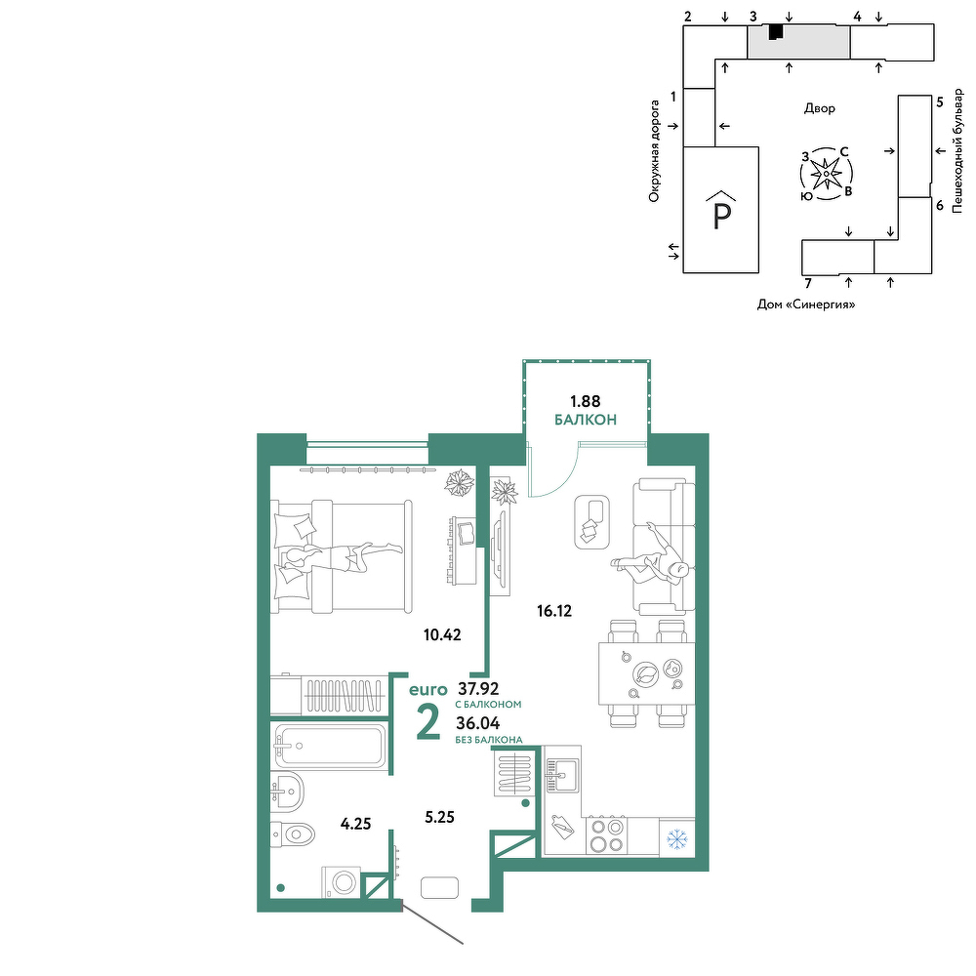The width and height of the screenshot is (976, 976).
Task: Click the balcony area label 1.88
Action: coord(585,401)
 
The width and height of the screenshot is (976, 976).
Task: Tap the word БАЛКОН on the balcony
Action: coord(586,420)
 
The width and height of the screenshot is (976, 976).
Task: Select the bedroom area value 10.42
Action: coord(442,635)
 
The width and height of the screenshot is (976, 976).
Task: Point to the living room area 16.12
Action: coord(554,611)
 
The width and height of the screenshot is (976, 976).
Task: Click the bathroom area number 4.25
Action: coord(355,824)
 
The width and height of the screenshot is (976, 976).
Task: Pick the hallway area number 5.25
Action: coord(439,817)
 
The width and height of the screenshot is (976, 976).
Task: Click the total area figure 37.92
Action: coord(478,688)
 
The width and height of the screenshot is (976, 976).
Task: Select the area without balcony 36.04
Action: coord(478,723)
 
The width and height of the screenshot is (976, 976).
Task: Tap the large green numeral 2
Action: coord(428,723)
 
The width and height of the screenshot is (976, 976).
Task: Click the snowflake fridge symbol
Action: coord(677,839)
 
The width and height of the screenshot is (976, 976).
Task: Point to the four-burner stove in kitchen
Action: coord(607,835)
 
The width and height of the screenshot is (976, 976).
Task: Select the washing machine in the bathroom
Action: coord(341,882)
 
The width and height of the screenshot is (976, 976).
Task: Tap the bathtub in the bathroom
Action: coord(330,746)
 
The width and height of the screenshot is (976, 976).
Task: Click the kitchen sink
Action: coord(562,775)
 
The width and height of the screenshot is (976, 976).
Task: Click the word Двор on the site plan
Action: coord(820,108)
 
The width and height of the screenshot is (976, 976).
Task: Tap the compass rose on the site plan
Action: coord(826,174)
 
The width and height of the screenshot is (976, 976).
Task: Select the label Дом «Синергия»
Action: coord(806,305)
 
